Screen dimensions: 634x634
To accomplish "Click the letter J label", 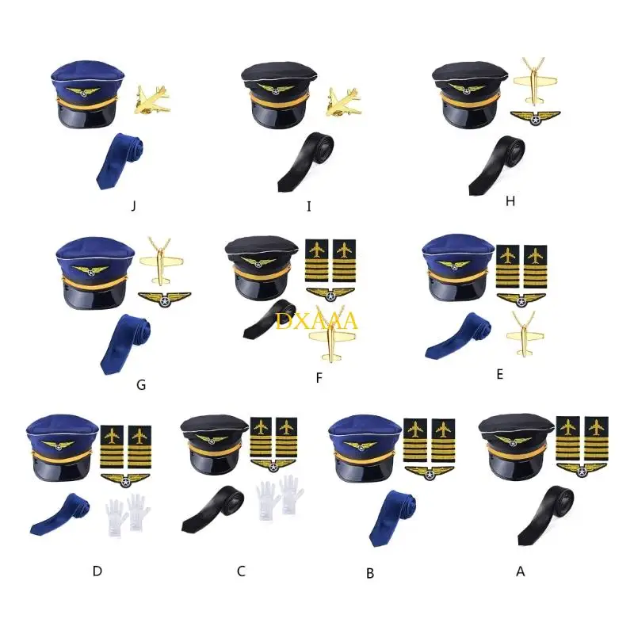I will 134,206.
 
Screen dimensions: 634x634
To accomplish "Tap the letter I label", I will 309,206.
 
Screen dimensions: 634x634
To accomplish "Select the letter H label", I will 510,201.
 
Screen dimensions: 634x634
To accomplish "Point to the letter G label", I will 141,385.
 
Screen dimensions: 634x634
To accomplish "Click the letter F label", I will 319,378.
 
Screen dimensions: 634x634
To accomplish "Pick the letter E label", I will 499,374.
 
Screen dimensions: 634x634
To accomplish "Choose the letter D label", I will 97,570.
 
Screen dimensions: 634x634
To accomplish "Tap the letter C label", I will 241,570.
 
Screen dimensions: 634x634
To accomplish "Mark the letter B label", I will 370,573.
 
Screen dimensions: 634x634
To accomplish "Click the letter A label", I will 521,570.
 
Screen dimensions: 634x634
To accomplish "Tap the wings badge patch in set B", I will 429,472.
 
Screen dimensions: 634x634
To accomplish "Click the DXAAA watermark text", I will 318,321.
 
